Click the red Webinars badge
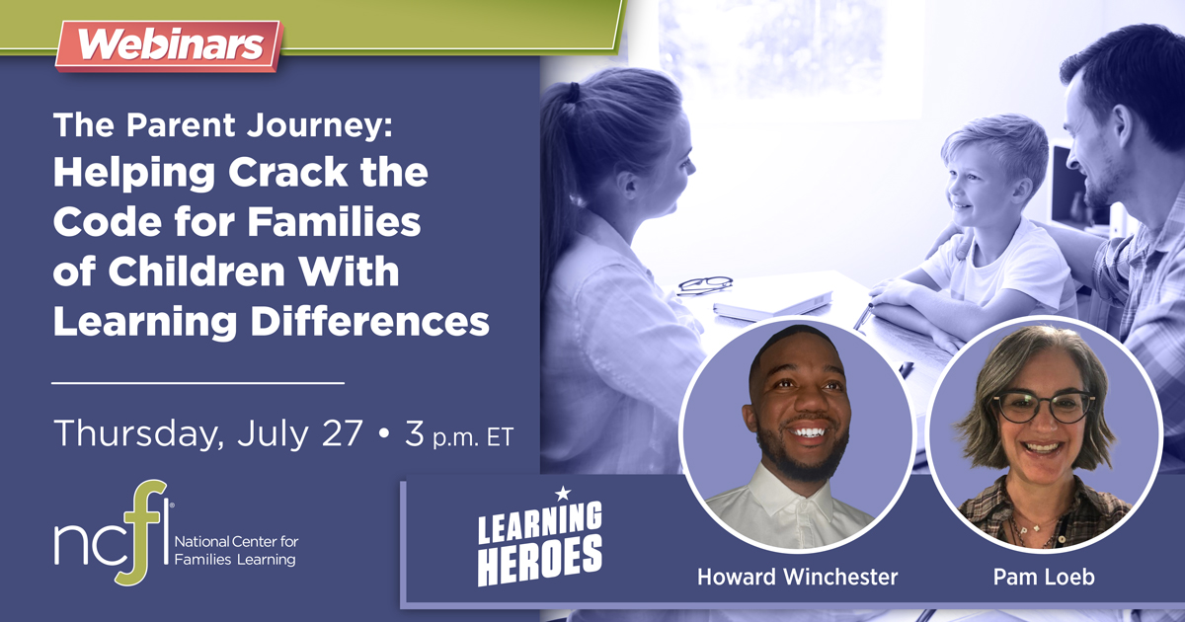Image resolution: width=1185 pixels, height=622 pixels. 168,44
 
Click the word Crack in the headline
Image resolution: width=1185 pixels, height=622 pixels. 286,175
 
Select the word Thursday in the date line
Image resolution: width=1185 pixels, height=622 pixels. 125,434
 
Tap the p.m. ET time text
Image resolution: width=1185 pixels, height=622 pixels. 472,437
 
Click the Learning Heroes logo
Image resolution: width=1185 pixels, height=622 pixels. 539,543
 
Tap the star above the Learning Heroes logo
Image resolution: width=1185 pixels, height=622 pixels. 563,492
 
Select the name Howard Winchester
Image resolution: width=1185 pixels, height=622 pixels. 797,578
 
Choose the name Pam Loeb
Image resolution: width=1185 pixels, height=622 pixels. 1031,578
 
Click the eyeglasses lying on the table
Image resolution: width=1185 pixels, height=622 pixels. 704,284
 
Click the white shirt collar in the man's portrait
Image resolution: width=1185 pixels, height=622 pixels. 790,491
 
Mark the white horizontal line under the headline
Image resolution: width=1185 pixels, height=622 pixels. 197,380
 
